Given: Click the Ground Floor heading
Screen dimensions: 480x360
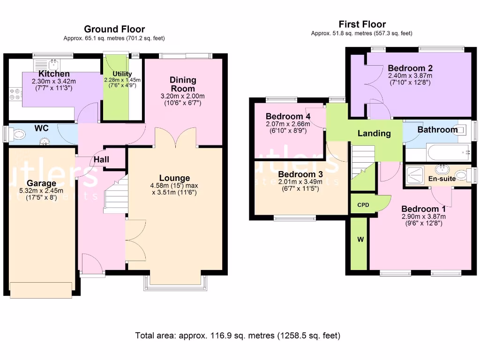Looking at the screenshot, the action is point(114,29).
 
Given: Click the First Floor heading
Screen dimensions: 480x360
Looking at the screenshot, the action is point(362,24).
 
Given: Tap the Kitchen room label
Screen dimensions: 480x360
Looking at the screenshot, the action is point(54,74).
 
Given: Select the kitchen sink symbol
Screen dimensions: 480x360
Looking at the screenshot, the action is point(53,65).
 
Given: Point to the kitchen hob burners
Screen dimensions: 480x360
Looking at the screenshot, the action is point(15,94).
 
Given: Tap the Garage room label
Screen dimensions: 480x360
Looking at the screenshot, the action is point(41,183).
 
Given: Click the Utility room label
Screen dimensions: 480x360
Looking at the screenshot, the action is point(122,74).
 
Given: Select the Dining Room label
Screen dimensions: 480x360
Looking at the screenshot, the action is point(183,84).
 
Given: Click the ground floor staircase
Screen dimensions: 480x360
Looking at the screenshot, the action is point(116,195).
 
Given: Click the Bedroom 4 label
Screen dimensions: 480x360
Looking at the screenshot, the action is point(288,116).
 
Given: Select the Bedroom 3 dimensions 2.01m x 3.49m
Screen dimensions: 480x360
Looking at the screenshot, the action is point(300,181).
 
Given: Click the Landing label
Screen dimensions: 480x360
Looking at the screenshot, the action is point(374,133).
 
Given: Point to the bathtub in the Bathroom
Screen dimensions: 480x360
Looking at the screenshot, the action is point(449,152).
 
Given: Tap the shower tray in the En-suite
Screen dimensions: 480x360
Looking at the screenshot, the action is point(415,176).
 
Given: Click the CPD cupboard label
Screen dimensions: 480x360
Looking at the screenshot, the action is point(363,205).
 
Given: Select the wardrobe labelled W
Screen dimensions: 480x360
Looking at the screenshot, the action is point(359,244).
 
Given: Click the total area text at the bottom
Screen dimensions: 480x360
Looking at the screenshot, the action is point(238,336).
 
